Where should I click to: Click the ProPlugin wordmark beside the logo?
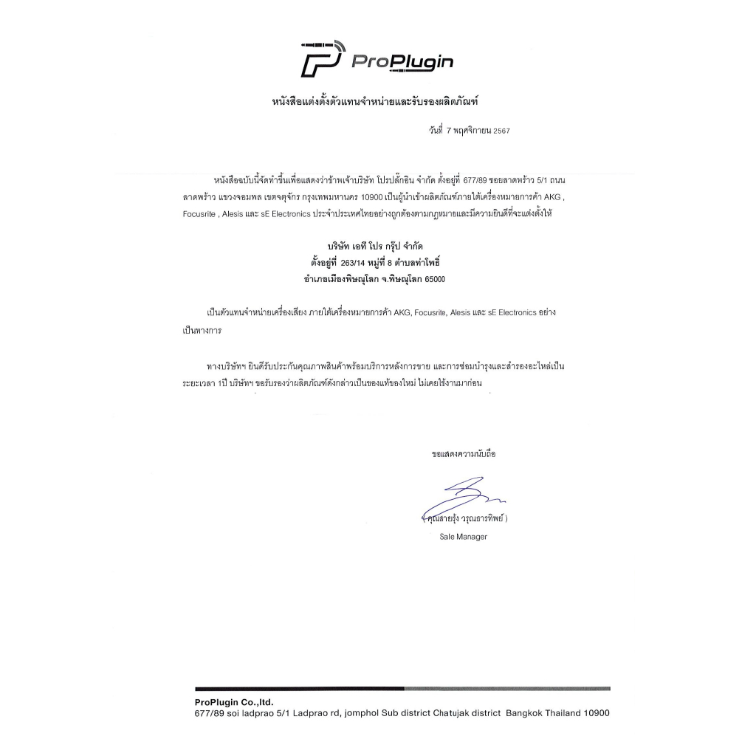tap(402, 61)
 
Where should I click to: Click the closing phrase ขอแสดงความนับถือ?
tap(464, 453)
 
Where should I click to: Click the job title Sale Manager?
tap(463, 537)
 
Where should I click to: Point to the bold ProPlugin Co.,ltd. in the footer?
tap(234, 702)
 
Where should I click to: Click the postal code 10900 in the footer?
tap(597, 713)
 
